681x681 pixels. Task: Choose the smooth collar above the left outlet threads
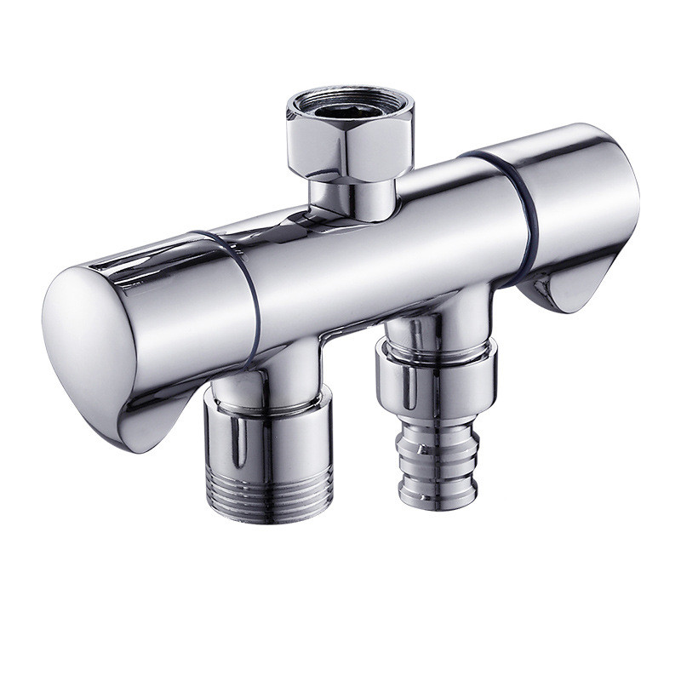tap(267, 434)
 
